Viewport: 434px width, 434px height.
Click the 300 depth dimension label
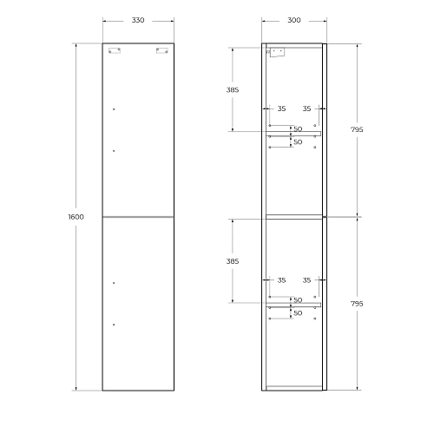(293, 20)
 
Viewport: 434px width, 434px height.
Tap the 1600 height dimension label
(76, 216)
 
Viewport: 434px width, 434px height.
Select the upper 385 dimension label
(232, 89)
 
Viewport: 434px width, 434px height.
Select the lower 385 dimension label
(232, 261)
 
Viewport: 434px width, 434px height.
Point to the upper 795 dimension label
(357, 129)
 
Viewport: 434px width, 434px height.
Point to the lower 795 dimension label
(357, 304)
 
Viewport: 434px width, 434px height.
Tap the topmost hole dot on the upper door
(114, 109)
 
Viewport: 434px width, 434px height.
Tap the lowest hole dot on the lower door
(114, 325)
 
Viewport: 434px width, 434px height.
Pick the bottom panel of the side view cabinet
(293, 387)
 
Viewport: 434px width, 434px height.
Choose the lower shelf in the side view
(293, 305)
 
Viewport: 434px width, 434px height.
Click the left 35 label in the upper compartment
(280, 109)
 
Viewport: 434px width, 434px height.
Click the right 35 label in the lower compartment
(306, 280)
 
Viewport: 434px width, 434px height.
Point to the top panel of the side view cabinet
(293, 45)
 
